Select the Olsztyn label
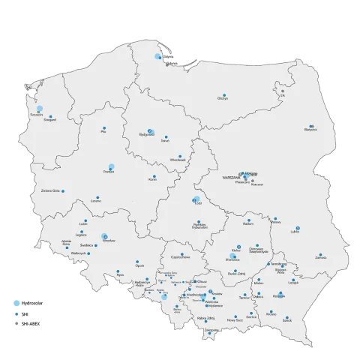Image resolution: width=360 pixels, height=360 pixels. coord(222,100)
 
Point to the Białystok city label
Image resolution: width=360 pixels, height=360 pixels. coord(310,130)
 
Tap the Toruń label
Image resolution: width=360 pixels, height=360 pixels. coord(166,139)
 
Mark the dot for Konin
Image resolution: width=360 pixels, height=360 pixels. coord(153,176)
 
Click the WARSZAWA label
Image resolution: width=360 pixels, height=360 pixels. coord(229,174)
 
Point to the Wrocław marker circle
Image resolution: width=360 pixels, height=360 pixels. coord(105,235)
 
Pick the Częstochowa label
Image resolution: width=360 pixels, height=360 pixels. coord(181,257)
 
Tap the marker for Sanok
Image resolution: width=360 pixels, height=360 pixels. coord(285,316)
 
